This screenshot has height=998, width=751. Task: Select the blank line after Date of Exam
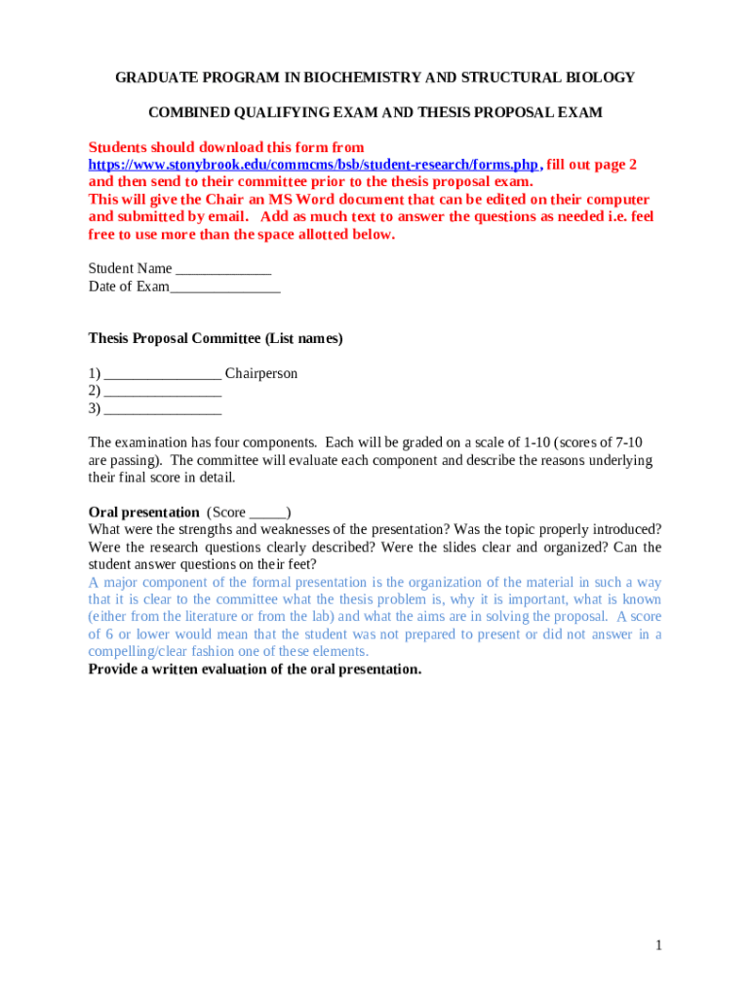pos(225,288)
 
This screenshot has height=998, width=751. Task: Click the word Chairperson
pos(261,373)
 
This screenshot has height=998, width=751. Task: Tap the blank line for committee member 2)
pos(163,392)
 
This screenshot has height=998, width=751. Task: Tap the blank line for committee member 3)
pos(163,409)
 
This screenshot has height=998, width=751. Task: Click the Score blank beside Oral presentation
pos(268,514)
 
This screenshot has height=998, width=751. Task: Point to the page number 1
pos(659,945)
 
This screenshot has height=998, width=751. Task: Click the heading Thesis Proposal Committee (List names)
pos(216,338)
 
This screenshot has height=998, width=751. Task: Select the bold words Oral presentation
pos(143,512)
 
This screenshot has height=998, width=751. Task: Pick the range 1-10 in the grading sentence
pos(533,442)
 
